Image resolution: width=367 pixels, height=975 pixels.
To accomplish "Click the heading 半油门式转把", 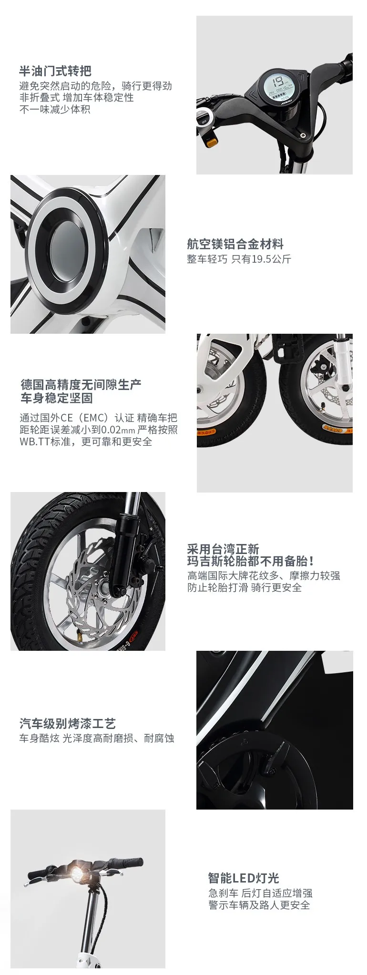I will (55, 72).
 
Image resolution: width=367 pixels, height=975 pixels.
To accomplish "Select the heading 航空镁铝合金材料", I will (235, 245).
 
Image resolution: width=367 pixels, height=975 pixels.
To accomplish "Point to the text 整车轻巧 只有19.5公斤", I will (239, 259).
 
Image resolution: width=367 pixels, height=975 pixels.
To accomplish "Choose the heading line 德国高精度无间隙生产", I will (81, 384).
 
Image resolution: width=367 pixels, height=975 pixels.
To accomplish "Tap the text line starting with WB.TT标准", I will (86, 442).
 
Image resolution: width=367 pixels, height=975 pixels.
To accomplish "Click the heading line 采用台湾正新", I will (223, 549).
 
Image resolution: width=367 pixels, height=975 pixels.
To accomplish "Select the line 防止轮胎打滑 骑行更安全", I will (245, 587).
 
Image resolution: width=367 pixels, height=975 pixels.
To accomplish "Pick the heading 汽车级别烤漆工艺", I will (68, 724).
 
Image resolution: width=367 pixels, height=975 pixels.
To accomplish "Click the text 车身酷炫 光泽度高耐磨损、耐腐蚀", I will (97, 739).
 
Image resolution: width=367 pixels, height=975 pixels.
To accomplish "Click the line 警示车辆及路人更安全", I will (259, 905).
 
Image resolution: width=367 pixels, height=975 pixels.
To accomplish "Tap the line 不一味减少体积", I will (55, 109).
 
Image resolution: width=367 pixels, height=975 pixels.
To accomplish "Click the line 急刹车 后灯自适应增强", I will (260, 893).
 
